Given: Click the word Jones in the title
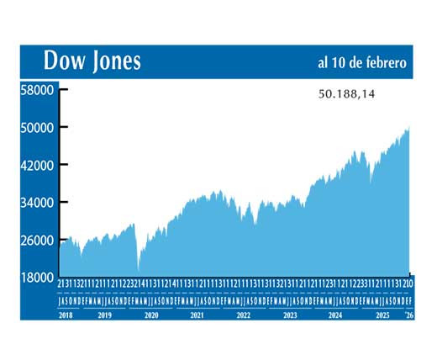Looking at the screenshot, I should point(113,61).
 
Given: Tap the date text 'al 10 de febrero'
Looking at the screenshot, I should point(361,63).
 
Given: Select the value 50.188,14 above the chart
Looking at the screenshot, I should point(346,95).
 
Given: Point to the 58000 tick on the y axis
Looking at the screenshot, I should point(37,89).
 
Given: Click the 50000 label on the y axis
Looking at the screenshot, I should point(37,127).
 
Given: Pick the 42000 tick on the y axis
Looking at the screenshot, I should point(37,165).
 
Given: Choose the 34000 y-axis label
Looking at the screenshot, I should point(37,203).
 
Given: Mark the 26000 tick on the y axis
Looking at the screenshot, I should point(37,241).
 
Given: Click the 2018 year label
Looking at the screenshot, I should point(66,315).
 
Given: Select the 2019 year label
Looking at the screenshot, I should point(104,315).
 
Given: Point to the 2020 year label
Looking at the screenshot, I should point(151,315).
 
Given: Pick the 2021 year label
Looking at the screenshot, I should point(197,315).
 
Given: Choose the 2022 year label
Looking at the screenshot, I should point(243,315).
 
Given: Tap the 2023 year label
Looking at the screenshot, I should point(289,315).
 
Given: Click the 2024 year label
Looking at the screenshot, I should point(335,315).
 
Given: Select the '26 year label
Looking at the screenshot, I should point(409,315).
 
